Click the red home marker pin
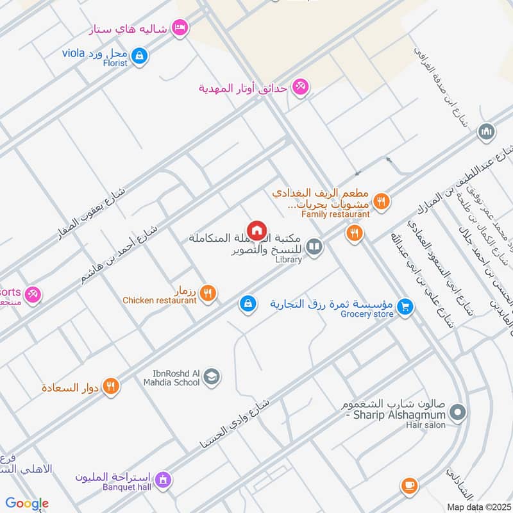point(256,230)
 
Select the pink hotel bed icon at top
point(180,28)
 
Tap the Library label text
point(288,259)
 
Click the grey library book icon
point(314,246)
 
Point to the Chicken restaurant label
point(160,300)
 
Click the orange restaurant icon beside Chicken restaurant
point(208,294)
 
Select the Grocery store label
point(367,314)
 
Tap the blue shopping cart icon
point(404,307)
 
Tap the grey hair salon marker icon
point(457,413)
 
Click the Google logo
point(27,503)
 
